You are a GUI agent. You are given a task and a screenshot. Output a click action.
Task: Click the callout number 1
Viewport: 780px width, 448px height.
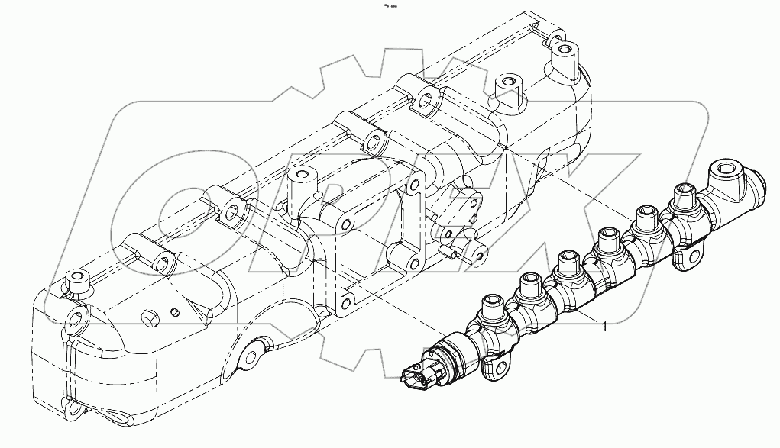click(x=605, y=327)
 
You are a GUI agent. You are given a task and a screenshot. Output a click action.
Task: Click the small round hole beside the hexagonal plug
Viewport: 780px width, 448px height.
click(x=176, y=311)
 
